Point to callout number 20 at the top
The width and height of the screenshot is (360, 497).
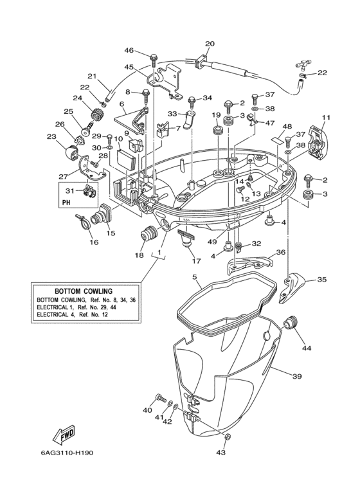click(210, 44)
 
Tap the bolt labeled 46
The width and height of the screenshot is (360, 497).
click(152, 59)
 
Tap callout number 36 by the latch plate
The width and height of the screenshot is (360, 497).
click(280, 253)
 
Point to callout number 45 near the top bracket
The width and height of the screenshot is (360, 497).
click(129, 67)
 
